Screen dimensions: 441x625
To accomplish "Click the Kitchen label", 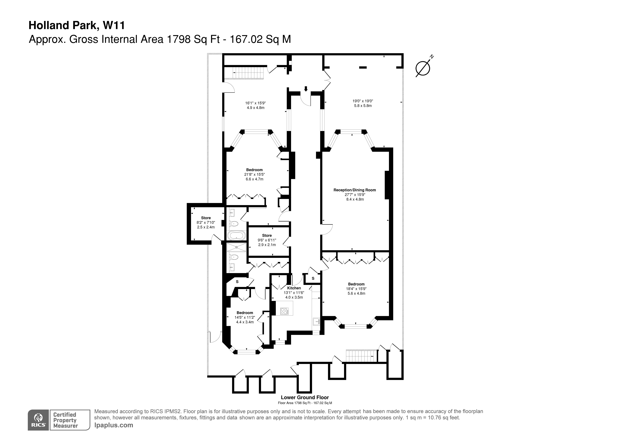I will (294, 288).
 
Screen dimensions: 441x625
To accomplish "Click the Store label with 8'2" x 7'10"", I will (206, 218).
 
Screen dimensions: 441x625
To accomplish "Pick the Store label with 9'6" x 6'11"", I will (267, 235).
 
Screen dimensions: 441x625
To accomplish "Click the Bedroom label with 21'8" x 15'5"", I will (254, 170).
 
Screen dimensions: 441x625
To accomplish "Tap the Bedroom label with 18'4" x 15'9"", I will (356, 284).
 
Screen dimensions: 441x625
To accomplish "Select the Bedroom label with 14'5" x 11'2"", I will (245, 313).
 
